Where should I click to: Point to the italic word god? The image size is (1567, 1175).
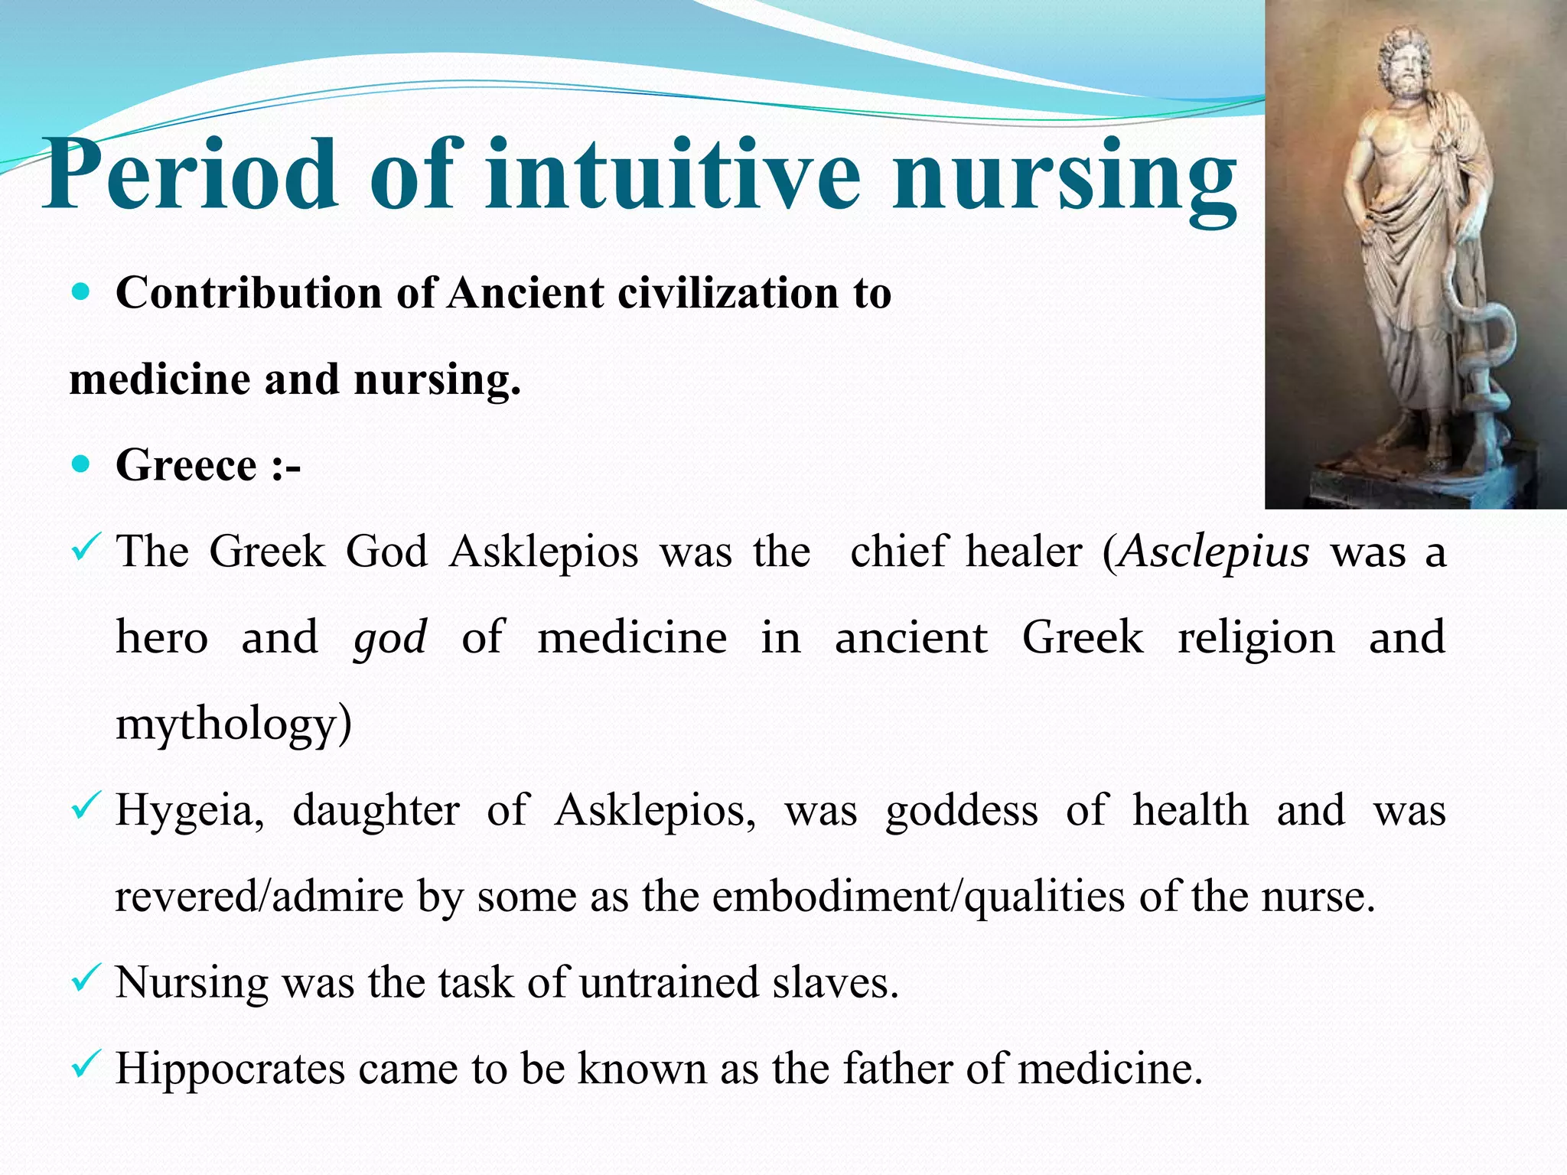pyautogui.click(x=389, y=638)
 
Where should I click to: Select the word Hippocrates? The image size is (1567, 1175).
pyautogui.click(x=230, y=1069)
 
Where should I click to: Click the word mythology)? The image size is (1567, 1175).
pyautogui.click(x=233, y=724)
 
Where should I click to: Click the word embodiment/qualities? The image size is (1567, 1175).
pyautogui.click(x=919, y=897)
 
